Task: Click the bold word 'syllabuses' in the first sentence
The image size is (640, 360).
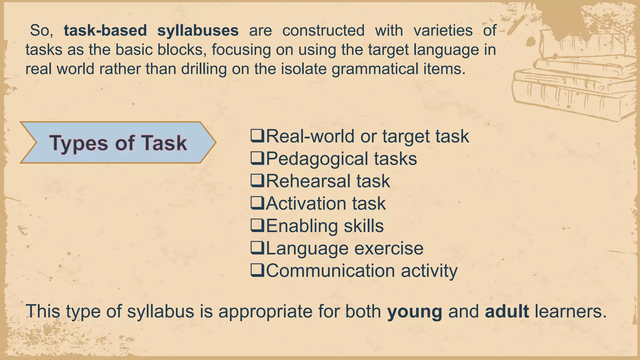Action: click(x=198, y=31)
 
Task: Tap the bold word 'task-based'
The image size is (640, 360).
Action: click(x=105, y=31)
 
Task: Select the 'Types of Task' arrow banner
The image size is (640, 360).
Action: click(x=118, y=143)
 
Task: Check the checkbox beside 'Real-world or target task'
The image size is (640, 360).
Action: click(x=257, y=136)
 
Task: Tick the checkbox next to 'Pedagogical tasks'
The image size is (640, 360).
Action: click(x=257, y=158)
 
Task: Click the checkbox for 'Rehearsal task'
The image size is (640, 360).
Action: click(x=257, y=181)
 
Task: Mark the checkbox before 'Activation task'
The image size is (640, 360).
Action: click(x=257, y=203)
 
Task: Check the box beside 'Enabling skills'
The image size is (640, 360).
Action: click(x=257, y=226)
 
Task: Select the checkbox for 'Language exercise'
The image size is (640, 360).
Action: click(x=257, y=248)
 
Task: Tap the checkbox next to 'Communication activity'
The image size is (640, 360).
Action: click(x=257, y=271)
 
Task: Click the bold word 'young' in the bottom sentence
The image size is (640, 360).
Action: click(x=415, y=312)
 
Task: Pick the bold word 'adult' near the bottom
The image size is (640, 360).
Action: click(x=507, y=311)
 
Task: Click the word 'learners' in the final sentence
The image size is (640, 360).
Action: click(x=570, y=311)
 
